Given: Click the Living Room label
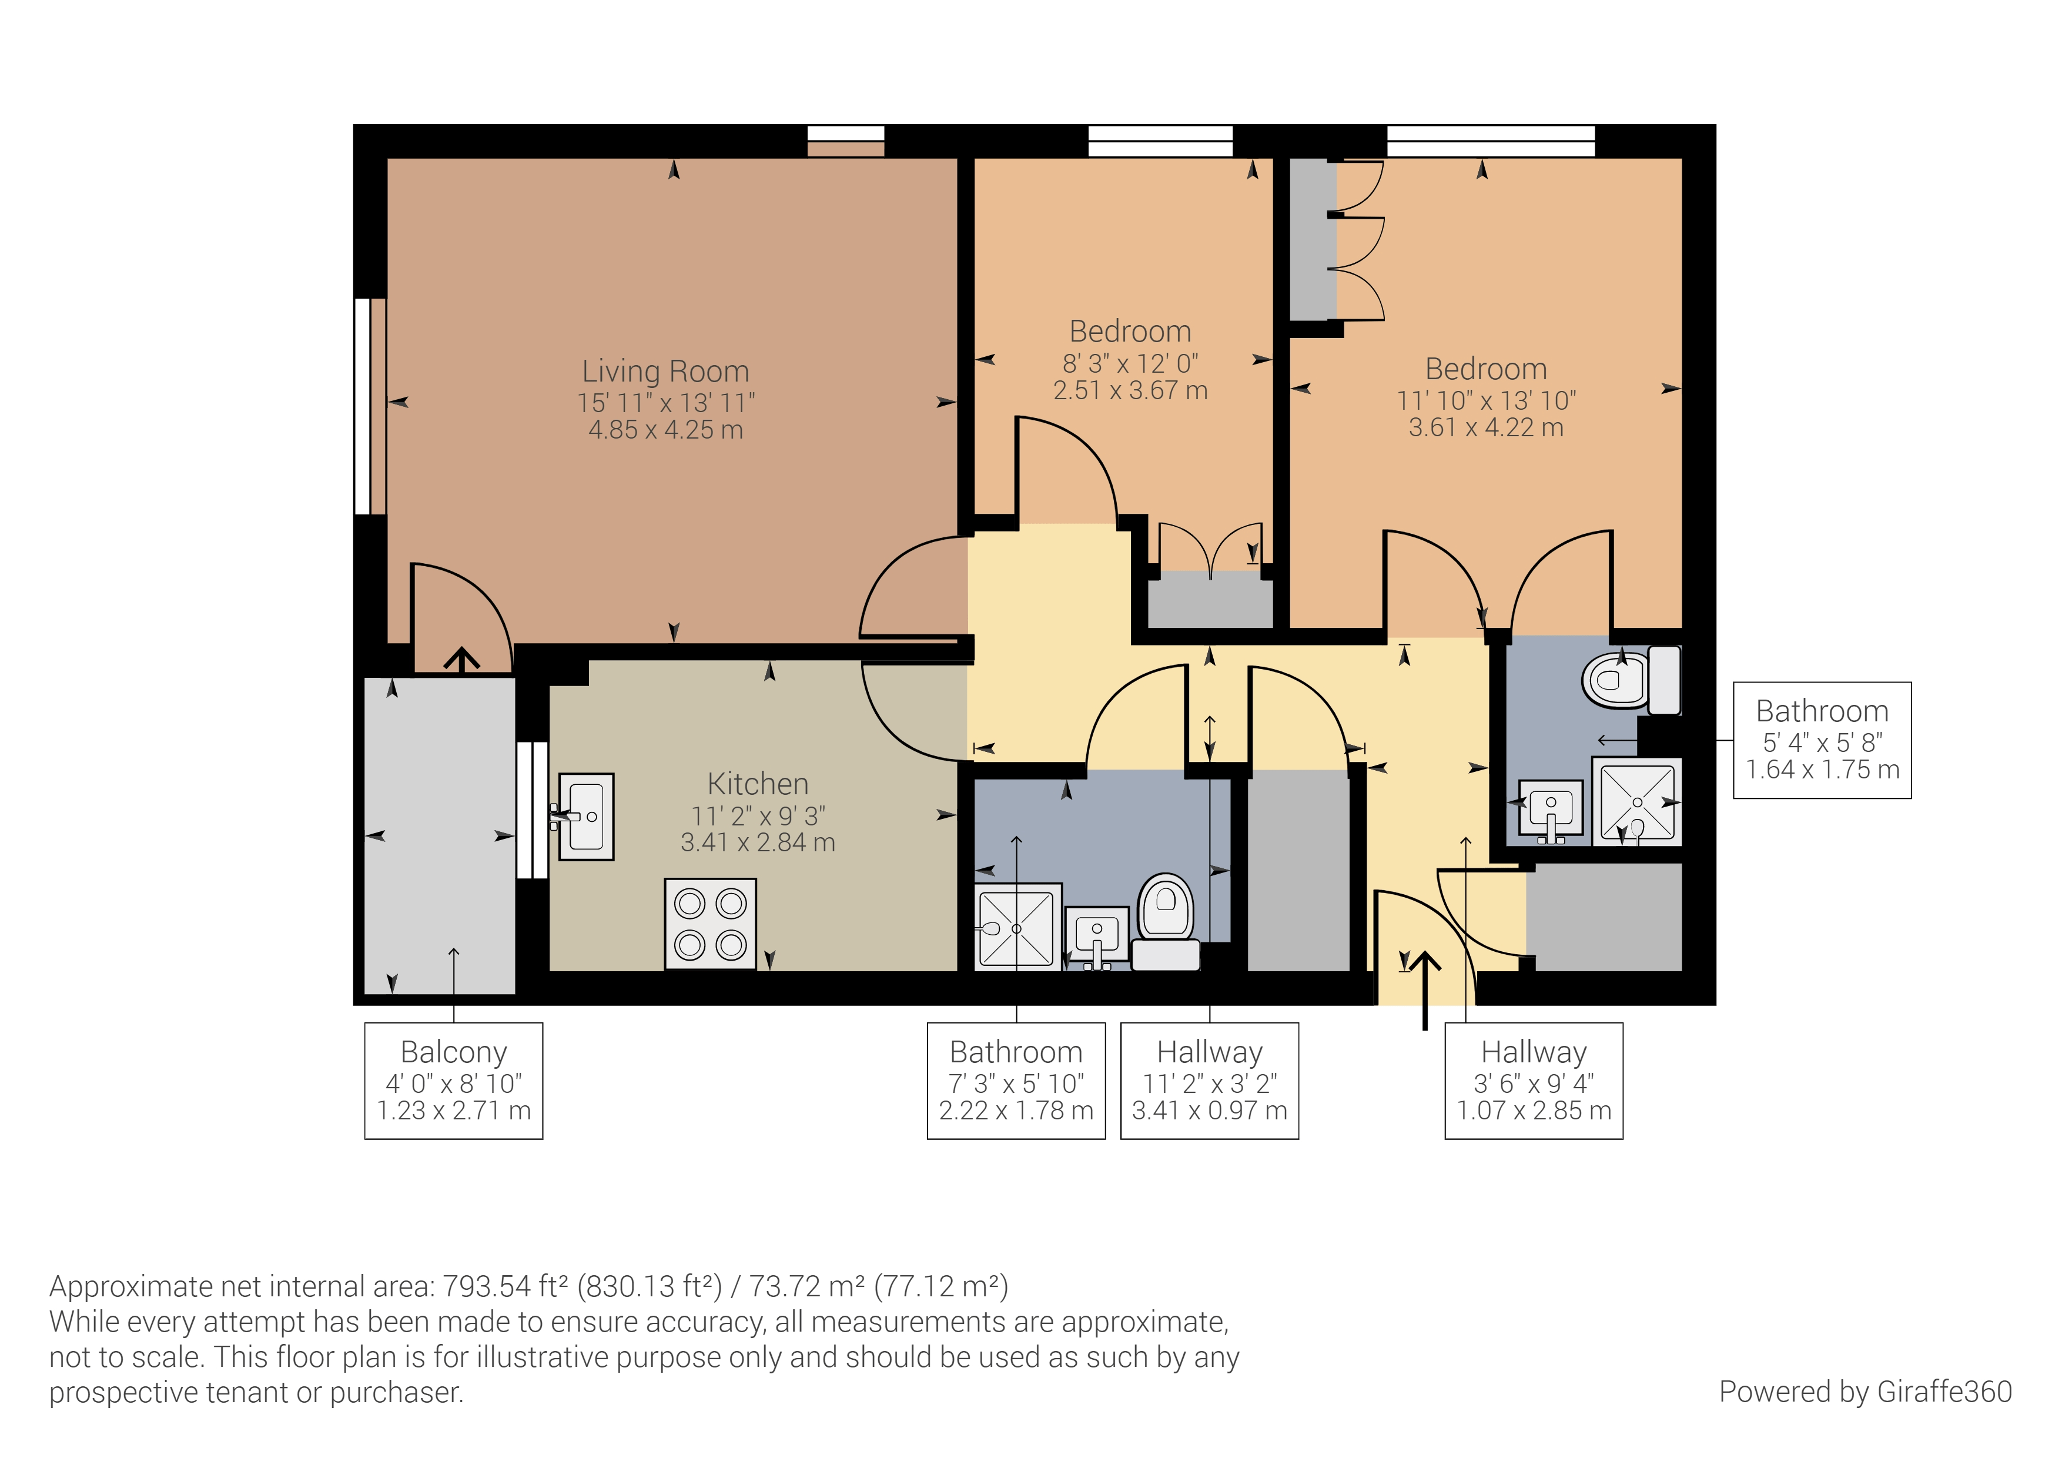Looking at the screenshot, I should pos(665,371).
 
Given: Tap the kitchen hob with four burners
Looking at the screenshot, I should pos(711,924).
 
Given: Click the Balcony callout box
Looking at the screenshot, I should pos(454,1080).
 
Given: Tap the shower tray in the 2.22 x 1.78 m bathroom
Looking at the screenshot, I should pos(1017,926).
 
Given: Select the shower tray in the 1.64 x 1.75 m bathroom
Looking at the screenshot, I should pos(1637,800).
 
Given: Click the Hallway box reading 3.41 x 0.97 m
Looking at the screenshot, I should pos(1209,1080).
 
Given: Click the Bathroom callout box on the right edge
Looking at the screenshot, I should pos(1822,740).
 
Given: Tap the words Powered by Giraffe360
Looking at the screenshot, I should pos(1864,1392).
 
